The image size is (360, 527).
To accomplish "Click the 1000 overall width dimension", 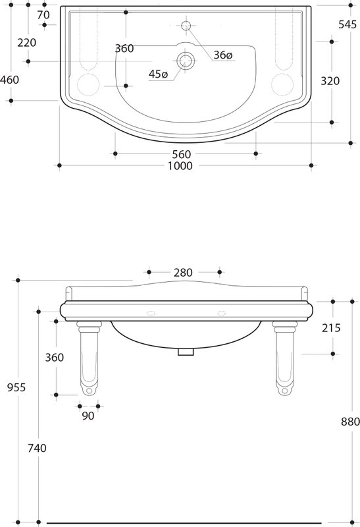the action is [x=180, y=166].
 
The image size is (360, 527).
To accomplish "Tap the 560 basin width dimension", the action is [x=182, y=154].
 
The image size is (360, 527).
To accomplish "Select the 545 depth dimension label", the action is [x=347, y=24].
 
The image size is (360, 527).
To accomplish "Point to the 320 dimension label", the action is [x=330, y=81].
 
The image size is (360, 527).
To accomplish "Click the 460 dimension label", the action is [x=9, y=80].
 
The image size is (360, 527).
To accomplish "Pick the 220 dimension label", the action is [x=27, y=43].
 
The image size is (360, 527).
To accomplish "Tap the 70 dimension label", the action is [x=43, y=14].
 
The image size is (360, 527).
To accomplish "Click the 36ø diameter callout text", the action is [x=223, y=55].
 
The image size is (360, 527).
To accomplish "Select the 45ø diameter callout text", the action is [x=158, y=74].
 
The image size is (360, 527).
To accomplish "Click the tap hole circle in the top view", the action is [x=186, y=25].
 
